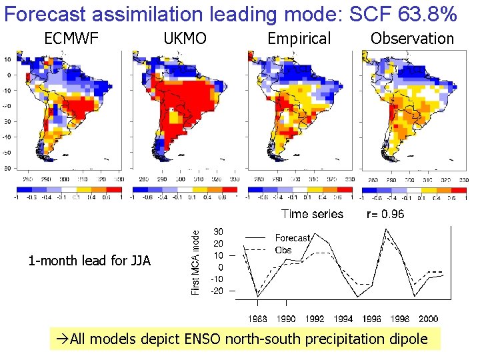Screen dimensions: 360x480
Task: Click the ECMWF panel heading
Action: (x=71, y=39)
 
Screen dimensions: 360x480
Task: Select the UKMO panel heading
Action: (x=185, y=39)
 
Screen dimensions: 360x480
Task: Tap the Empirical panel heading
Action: (x=299, y=39)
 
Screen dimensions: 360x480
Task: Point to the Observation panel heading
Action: (x=412, y=39)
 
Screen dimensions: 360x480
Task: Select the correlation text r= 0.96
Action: (x=385, y=214)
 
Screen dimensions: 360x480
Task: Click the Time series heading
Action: (x=312, y=214)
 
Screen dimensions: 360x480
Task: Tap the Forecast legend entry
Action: (x=293, y=237)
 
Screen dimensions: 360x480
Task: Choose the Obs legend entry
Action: (x=283, y=250)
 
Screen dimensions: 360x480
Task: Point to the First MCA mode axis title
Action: (x=195, y=261)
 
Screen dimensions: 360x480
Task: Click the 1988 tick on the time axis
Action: (x=258, y=319)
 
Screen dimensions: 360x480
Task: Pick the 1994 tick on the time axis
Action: (x=343, y=319)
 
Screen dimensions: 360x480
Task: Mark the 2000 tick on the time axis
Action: (x=428, y=319)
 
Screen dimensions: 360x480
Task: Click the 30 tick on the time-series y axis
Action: (x=218, y=231)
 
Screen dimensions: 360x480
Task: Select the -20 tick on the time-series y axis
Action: (x=217, y=291)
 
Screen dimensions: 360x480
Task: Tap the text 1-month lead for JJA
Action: (x=90, y=261)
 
